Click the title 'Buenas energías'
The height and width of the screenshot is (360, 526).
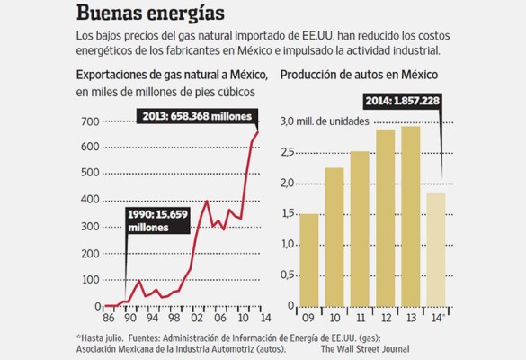[x=151, y=14]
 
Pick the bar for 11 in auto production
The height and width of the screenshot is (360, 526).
[x=360, y=229]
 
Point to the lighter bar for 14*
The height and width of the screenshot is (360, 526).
[x=436, y=249]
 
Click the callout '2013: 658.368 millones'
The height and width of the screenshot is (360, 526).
[x=196, y=116]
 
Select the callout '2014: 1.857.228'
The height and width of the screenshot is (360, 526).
[x=402, y=100]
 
